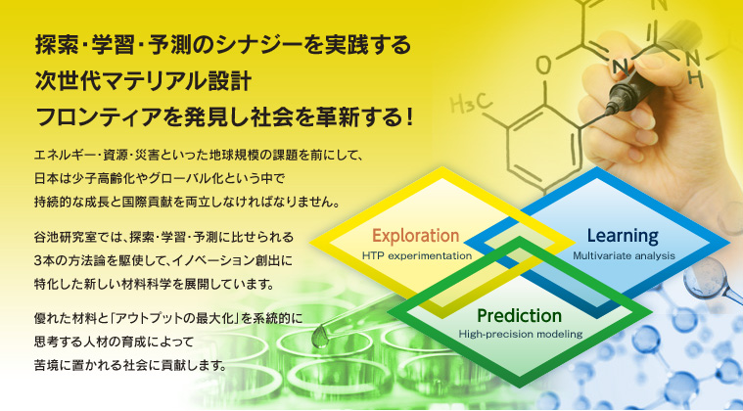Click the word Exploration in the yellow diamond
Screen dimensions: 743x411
coord(416,235)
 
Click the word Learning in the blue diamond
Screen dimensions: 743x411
coord(623,235)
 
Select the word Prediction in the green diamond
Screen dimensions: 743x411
coord(520,315)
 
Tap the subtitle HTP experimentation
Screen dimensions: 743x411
coord(416,256)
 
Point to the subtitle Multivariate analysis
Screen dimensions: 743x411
coord(624,256)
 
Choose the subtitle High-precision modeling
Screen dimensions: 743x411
coord(520,334)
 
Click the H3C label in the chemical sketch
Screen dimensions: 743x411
coord(471,104)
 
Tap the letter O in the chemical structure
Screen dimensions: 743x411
coord(544,66)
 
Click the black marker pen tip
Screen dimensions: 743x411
coord(609,112)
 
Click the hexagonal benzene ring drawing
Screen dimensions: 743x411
coord(542,148)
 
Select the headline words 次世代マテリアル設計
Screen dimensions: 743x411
coord(143,81)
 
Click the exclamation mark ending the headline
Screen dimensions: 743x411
coord(409,117)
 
